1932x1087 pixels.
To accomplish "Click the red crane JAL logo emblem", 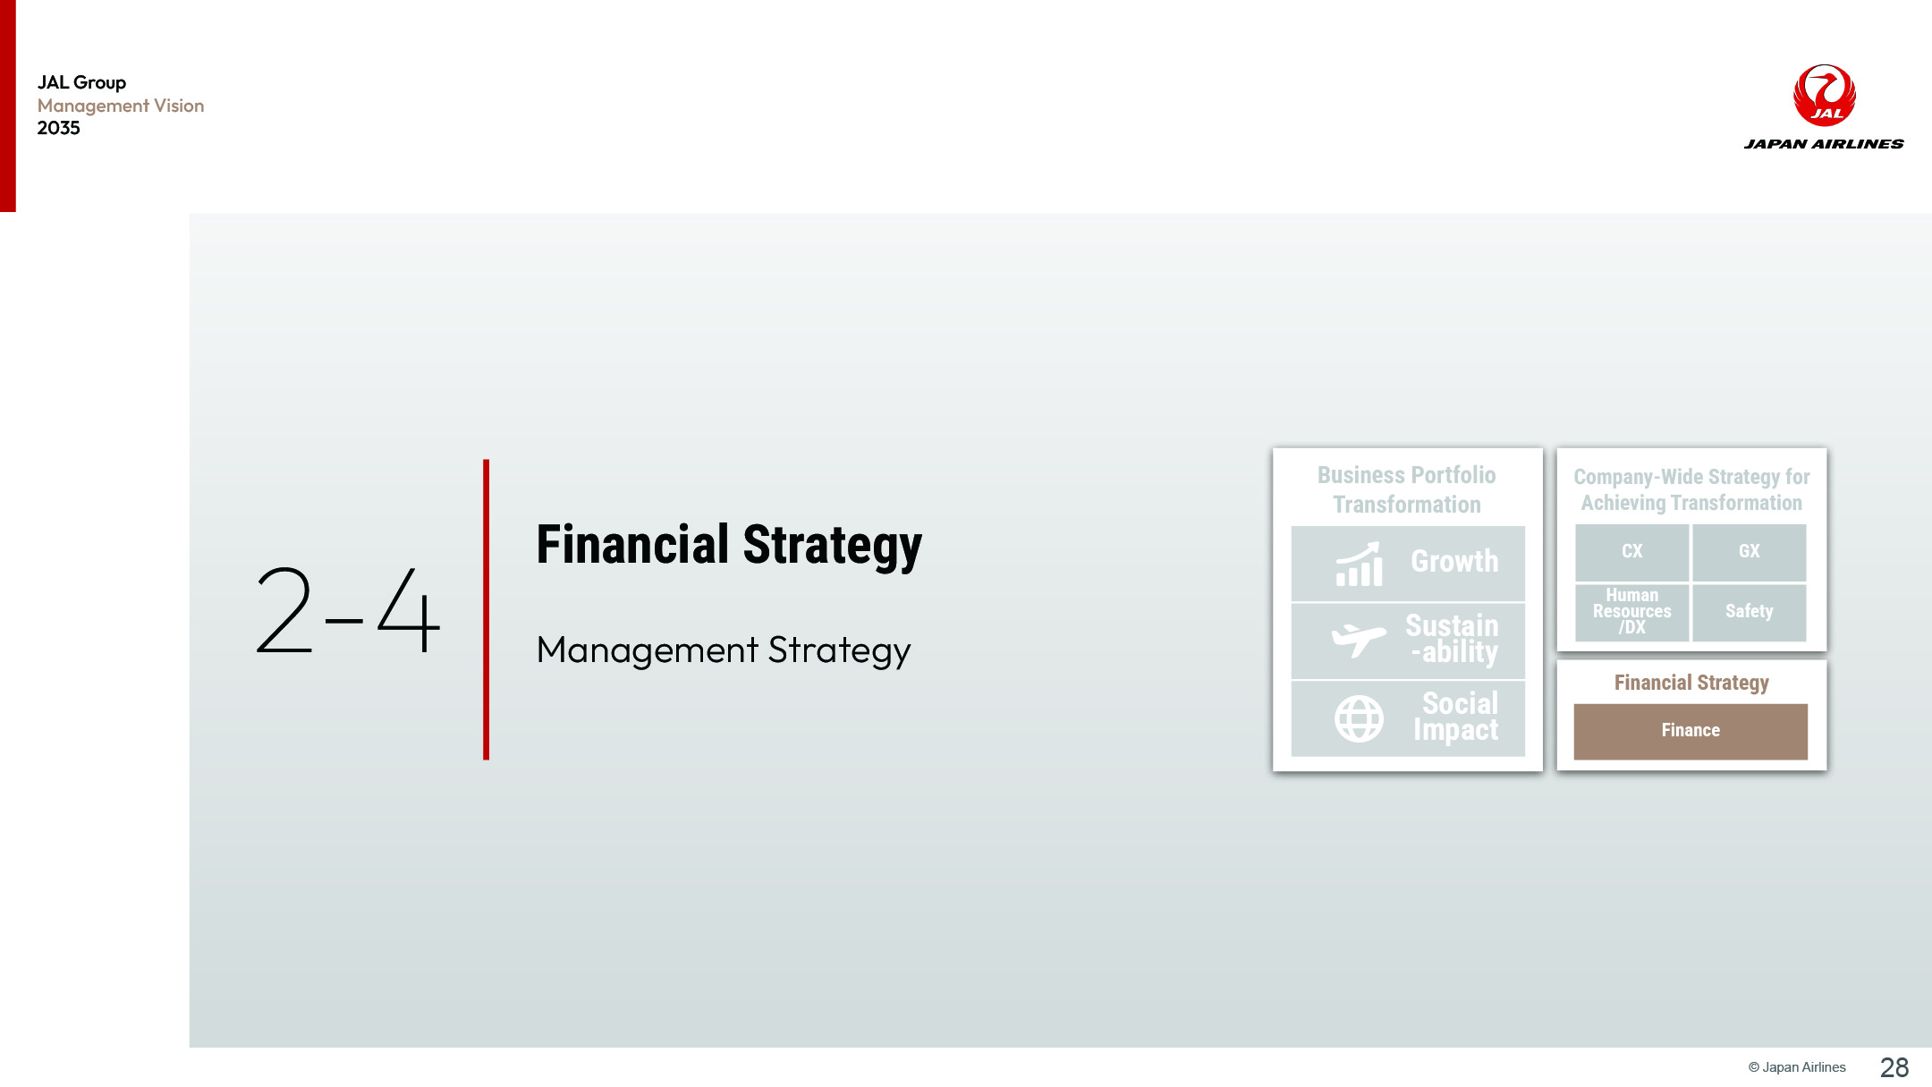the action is pyautogui.click(x=1825, y=95).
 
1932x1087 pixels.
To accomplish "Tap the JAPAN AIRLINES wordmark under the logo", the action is pyautogui.click(x=1824, y=144).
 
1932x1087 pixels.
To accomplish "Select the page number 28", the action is pyautogui.click(x=1894, y=1067).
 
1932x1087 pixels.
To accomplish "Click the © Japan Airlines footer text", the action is pyautogui.click(x=1797, y=1067).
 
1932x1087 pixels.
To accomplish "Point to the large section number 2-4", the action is pyautogui.click(x=348, y=610).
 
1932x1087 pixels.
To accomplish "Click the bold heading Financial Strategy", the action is pyautogui.click(x=729, y=545).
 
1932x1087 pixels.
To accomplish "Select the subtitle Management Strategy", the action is pyautogui.click(x=724, y=650).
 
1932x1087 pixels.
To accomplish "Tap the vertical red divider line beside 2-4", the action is pyautogui.click(x=487, y=609).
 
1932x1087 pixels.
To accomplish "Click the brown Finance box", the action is pyautogui.click(x=1690, y=731).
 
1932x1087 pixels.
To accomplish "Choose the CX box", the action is pyautogui.click(x=1632, y=551).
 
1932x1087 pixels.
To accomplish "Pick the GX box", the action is pyautogui.click(x=1750, y=551).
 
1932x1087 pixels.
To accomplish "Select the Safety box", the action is pyautogui.click(x=1750, y=612).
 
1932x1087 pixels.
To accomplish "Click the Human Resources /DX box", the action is pyautogui.click(x=1632, y=612).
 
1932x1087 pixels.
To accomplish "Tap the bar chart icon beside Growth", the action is pyautogui.click(x=1360, y=565).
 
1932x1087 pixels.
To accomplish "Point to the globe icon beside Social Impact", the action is pyautogui.click(x=1360, y=718).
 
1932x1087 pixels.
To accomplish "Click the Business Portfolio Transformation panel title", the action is pyautogui.click(x=1407, y=489).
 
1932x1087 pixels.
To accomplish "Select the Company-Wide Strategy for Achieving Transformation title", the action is pyautogui.click(x=1691, y=489).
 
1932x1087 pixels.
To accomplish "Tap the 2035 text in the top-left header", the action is pyautogui.click(x=59, y=128).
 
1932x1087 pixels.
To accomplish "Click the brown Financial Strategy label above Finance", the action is pyautogui.click(x=1691, y=683).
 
